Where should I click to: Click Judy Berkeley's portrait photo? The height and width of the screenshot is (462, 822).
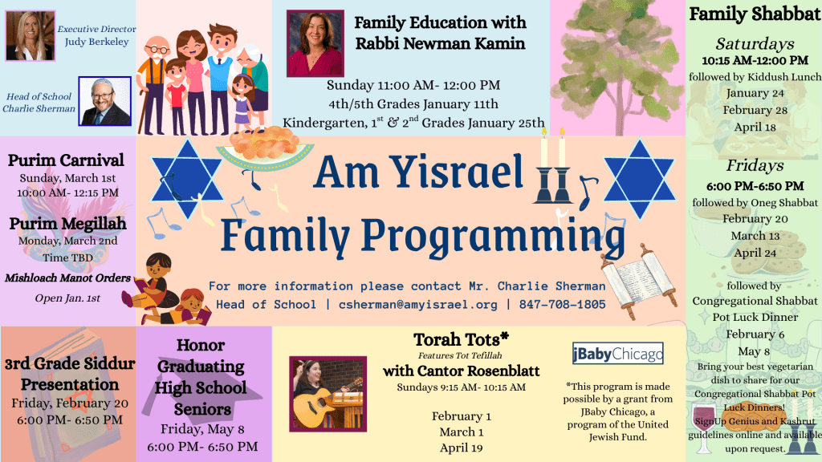pyautogui.click(x=30, y=35)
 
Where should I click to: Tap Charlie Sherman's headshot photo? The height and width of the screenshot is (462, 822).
pyautogui.click(x=105, y=101)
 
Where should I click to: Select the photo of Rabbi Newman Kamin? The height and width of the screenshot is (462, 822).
pyautogui.click(x=315, y=43)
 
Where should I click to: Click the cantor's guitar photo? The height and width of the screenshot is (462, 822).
pyautogui.click(x=328, y=394)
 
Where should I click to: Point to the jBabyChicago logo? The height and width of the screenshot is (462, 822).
pyautogui.click(x=617, y=354)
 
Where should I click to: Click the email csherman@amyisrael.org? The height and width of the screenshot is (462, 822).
pyautogui.click(x=417, y=304)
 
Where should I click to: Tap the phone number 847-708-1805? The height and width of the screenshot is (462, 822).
pyautogui.click(x=562, y=304)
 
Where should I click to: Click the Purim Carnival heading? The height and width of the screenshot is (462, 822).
pyautogui.click(x=66, y=160)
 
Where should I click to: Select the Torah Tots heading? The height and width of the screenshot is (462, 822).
pyautogui.click(x=461, y=339)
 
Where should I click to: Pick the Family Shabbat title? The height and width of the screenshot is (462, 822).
pyautogui.click(x=755, y=14)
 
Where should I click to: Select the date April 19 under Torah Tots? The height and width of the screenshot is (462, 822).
pyautogui.click(x=462, y=448)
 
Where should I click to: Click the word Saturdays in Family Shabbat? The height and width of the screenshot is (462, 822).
pyautogui.click(x=755, y=43)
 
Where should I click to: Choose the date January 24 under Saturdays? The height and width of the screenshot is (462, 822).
pyautogui.click(x=755, y=93)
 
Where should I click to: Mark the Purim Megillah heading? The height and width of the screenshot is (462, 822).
pyautogui.click(x=67, y=224)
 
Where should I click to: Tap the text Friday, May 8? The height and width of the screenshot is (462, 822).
pyautogui.click(x=202, y=429)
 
